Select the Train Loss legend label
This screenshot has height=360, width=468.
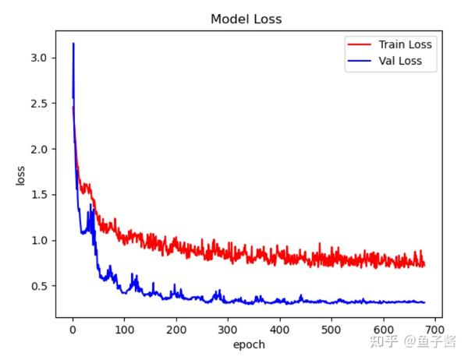pyautogui.click(x=404, y=44)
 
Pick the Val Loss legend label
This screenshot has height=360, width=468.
pyautogui.click(x=400, y=61)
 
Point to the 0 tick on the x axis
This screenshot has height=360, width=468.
pyautogui.click(x=73, y=328)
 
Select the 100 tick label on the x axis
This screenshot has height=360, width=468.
pyautogui.click(x=124, y=328)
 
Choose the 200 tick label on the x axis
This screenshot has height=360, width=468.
pyautogui.click(x=176, y=328)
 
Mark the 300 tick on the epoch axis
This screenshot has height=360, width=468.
pyautogui.click(x=228, y=328)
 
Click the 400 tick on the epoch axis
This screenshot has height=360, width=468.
pyautogui.click(x=280, y=328)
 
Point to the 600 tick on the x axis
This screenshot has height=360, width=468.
pyautogui.click(x=384, y=328)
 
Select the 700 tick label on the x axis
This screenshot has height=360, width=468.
pyautogui.click(x=435, y=328)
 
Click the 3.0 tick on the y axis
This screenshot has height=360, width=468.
pyautogui.click(x=43, y=58)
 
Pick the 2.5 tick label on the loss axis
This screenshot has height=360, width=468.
pyautogui.click(x=43, y=104)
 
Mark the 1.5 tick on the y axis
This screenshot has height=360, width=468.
pyautogui.click(x=43, y=195)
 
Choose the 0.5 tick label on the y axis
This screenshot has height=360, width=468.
pyautogui.click(x=43, y=286)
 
